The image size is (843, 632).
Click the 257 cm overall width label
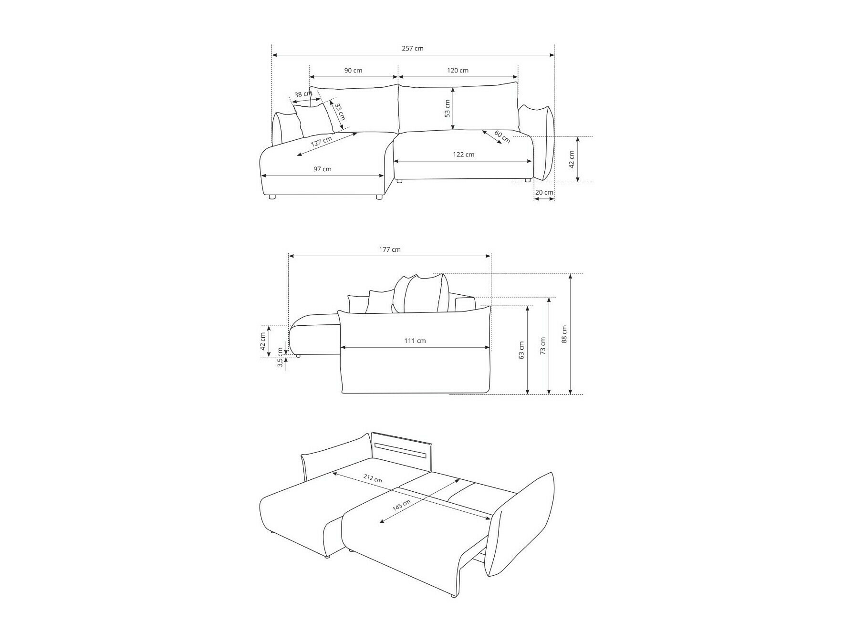413,48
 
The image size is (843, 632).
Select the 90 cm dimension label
353,70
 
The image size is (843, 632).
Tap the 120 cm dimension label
457,70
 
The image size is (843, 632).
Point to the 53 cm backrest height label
447,108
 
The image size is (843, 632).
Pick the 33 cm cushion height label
339,112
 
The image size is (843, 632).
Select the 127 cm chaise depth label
321,142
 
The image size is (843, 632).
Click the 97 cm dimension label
322,169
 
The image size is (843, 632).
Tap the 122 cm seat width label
463,154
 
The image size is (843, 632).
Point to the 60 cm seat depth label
502,136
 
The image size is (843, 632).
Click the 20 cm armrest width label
544,192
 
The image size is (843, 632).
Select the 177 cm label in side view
390,249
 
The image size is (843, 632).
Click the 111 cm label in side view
415,341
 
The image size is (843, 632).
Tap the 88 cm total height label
564,334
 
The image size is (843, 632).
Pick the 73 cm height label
542,346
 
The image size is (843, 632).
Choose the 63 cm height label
521,350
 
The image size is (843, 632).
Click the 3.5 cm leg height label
280,357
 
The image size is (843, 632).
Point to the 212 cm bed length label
372,478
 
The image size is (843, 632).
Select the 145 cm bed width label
401,506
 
